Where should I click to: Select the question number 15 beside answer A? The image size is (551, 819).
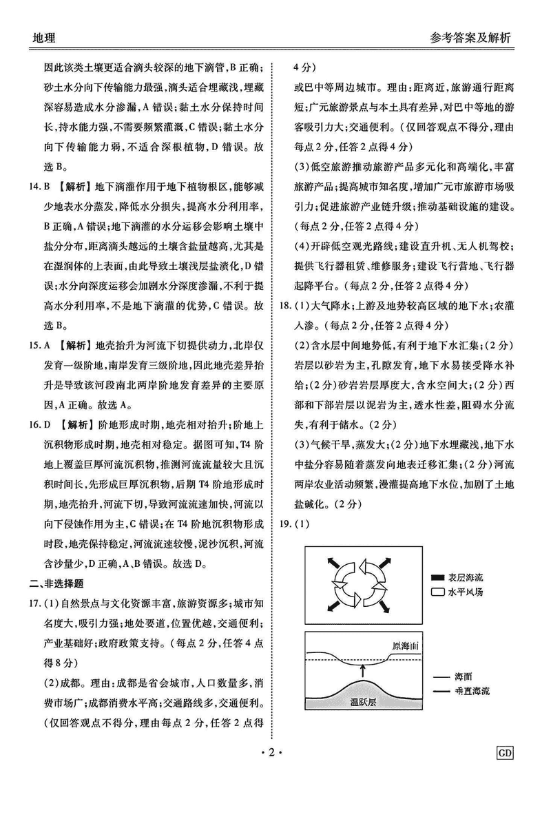30,342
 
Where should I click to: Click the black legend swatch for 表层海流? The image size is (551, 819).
437,578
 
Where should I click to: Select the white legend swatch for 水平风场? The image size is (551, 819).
437,591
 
